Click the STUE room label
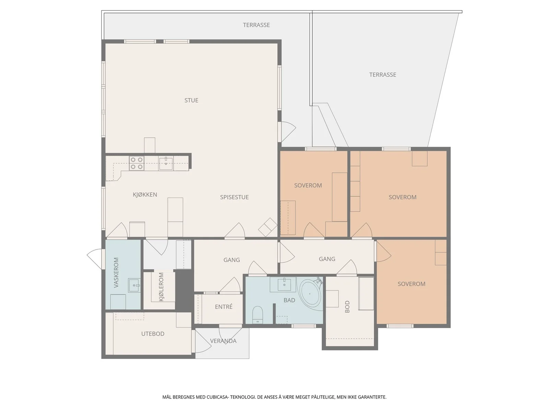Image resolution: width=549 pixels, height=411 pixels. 191,100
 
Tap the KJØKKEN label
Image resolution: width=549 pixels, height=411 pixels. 145,195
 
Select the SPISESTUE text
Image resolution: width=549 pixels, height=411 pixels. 234,197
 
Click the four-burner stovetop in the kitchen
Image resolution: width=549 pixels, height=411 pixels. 137,163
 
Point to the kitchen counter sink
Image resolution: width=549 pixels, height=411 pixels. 166,164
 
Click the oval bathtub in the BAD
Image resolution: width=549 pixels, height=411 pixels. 310,294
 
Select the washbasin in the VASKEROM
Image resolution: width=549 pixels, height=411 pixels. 134,286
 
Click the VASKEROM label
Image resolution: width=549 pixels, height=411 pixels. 116,273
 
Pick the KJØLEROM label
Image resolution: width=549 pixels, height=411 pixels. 161,287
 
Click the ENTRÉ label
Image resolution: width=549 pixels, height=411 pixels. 224,307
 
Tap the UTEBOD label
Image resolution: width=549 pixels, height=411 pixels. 153,334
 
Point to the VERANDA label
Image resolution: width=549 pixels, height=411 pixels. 223,341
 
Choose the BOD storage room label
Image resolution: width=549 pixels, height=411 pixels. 347,307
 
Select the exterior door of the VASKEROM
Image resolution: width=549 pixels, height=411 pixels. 95,259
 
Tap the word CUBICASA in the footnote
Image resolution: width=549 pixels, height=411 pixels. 217,397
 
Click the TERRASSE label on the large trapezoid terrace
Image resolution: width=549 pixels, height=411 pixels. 383,75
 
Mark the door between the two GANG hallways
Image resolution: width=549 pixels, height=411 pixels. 287,252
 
